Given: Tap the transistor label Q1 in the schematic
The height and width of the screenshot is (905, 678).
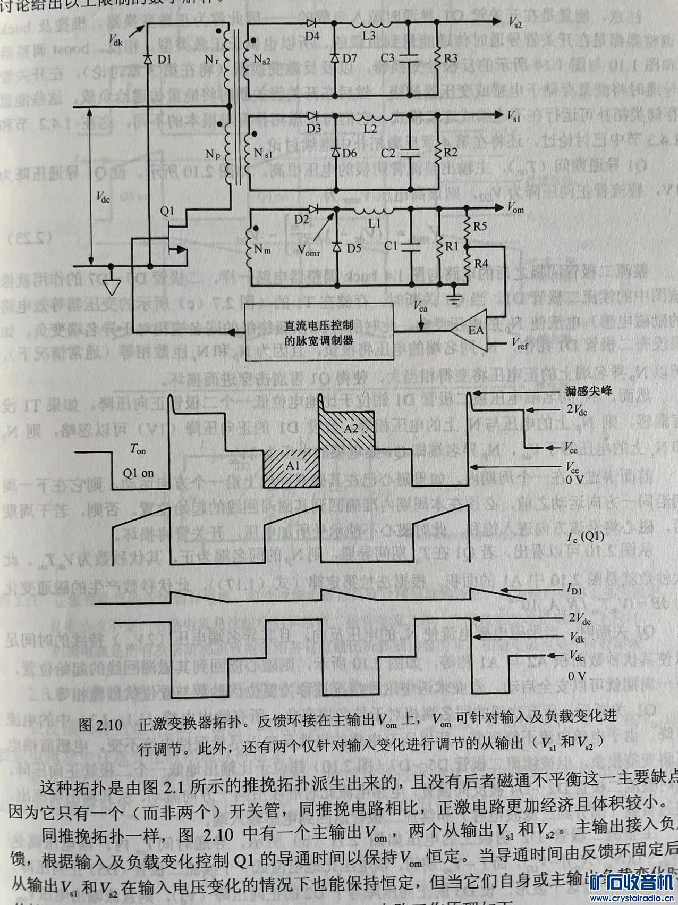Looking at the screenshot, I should [x=167, y=211].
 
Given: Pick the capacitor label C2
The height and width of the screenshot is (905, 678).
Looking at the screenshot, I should [x=388, y=153].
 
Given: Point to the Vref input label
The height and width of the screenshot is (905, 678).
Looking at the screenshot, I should [x=519, y=346].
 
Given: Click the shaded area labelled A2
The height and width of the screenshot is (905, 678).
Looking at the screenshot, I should [x=351, y=428].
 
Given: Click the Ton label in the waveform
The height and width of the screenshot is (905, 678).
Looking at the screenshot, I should [x=138, y=450].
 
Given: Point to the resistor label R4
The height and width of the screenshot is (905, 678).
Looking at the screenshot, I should [x=481, y=263].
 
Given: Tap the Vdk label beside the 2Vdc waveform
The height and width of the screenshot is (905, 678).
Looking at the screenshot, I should [x=577, y=637].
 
